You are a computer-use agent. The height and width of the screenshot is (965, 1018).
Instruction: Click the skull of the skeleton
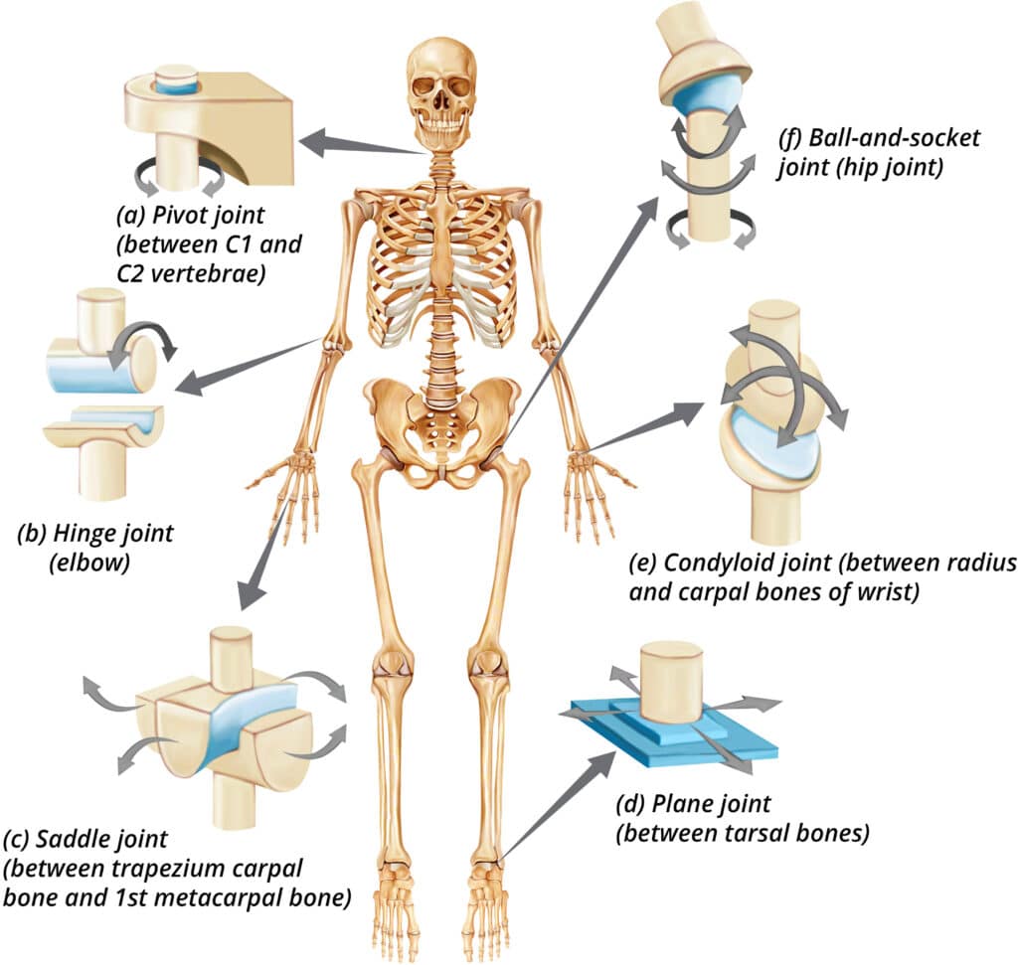tap(441, 90)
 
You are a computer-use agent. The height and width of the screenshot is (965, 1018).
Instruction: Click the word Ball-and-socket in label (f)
tap(894, 137)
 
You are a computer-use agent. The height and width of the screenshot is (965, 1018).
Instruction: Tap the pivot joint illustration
tap(209, 130)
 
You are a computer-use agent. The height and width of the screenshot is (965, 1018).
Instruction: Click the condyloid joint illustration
tap(782, 421)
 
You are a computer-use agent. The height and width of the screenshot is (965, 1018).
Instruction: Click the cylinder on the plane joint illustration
tap(671, 683)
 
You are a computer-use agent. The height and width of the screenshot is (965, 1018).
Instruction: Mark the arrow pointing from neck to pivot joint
tap(364, 144)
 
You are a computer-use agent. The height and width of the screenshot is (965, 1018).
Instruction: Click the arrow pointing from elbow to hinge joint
tap(249, 366)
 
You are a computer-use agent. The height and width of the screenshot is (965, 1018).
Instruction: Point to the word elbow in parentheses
tap(90, 562)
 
